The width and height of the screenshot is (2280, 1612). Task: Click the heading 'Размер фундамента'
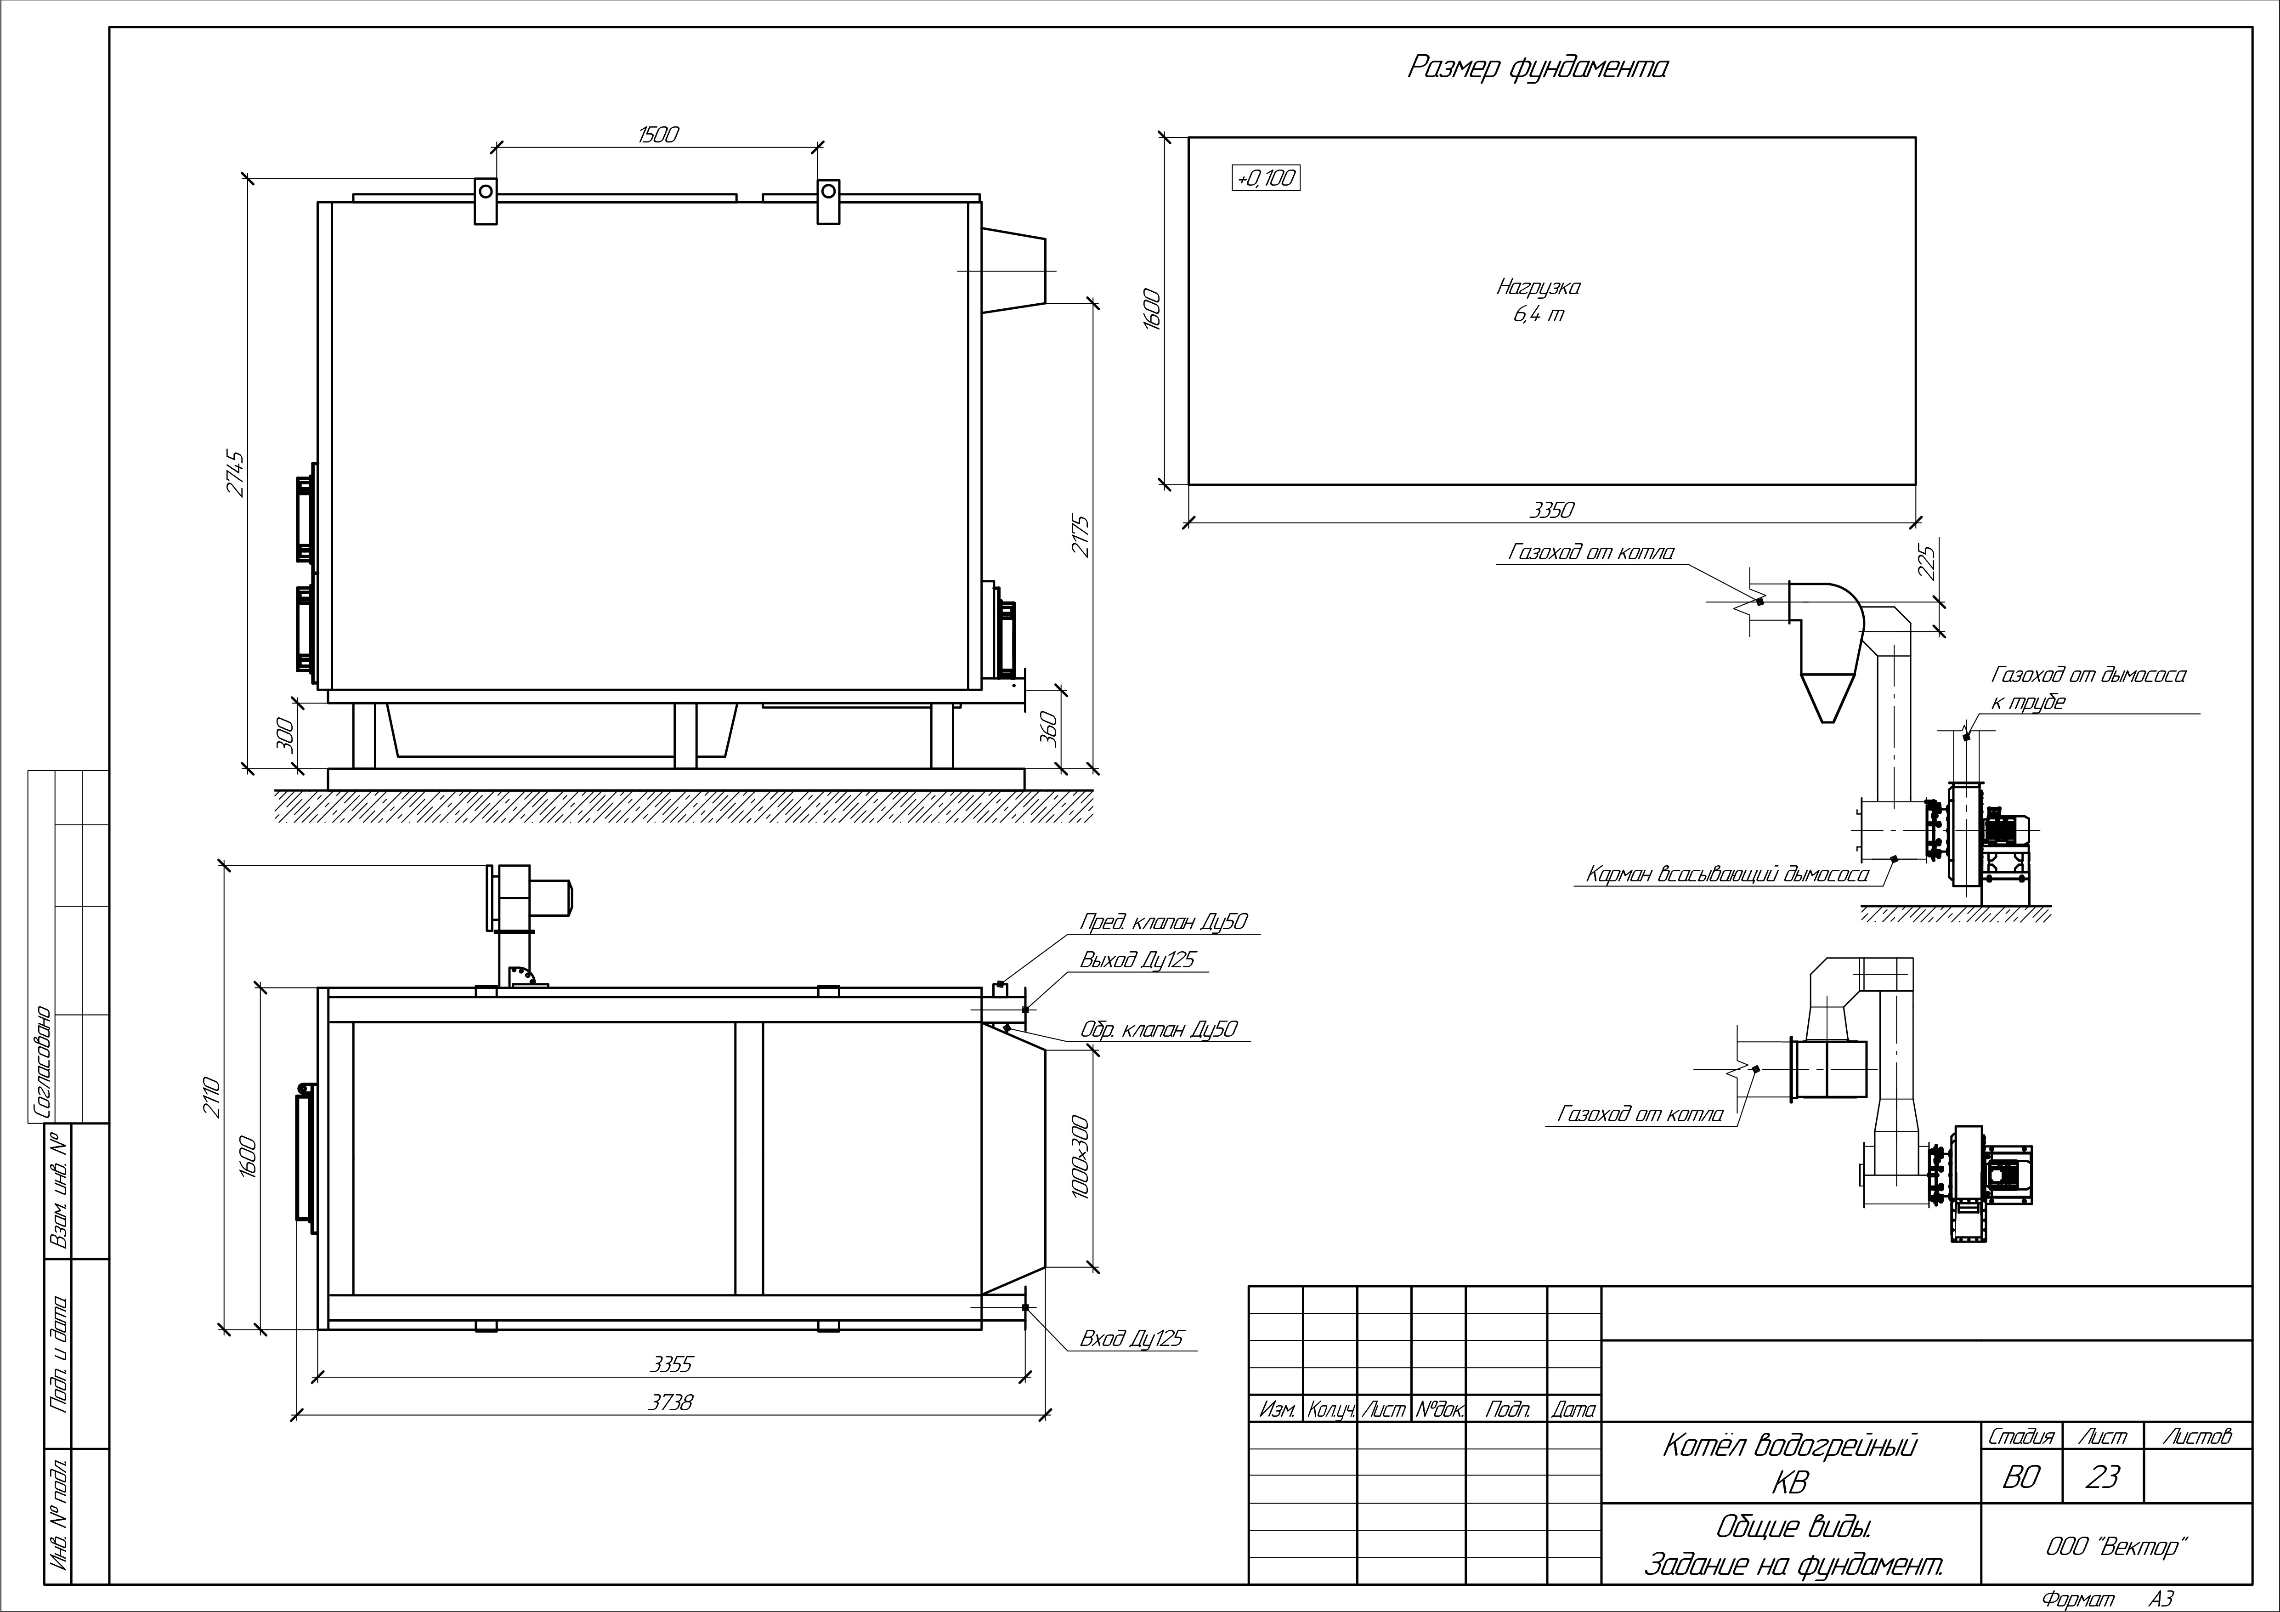pos(1537,68)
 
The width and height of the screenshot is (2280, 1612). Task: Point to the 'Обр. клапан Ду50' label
pos(1158,1029)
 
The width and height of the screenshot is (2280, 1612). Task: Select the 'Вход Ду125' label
pos(1132,1339)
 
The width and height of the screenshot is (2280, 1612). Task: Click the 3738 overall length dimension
pos(671,1402)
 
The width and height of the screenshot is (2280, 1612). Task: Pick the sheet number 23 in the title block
pos(2102,1478)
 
